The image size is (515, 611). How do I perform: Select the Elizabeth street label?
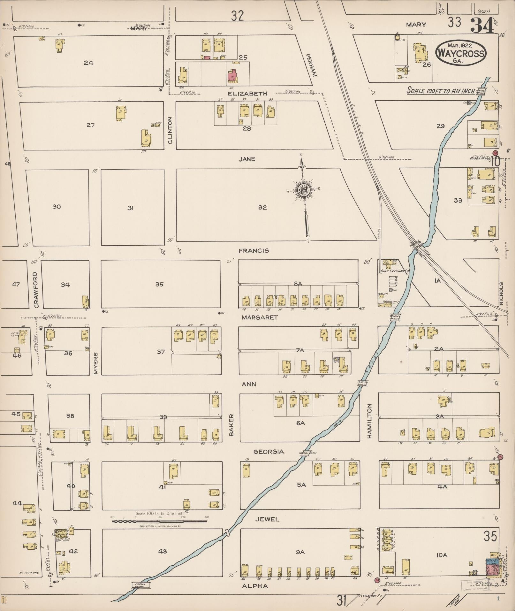(x=247, y=94)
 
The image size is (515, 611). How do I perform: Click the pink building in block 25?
(x=232, y=76)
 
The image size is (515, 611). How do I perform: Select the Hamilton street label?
(x=370, y=420)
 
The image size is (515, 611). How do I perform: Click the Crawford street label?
(x=36, y=290)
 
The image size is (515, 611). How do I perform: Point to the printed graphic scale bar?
(x=159, y=522)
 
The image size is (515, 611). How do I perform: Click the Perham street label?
(x=311, y=65)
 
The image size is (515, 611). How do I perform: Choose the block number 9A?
(x=300, y=552)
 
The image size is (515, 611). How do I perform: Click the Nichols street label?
(x=501, y=293)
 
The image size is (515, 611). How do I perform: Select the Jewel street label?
(x=267, y=519)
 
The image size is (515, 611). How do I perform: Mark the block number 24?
(x=88, y=63)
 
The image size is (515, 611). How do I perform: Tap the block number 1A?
(x=437, y=280)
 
